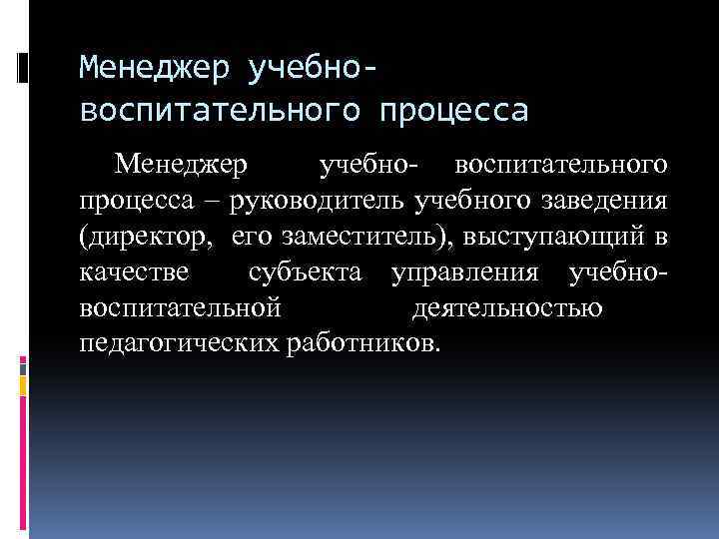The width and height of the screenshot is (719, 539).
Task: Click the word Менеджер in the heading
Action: pos(146,69)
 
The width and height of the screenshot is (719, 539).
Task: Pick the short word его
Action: pos(255,236)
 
